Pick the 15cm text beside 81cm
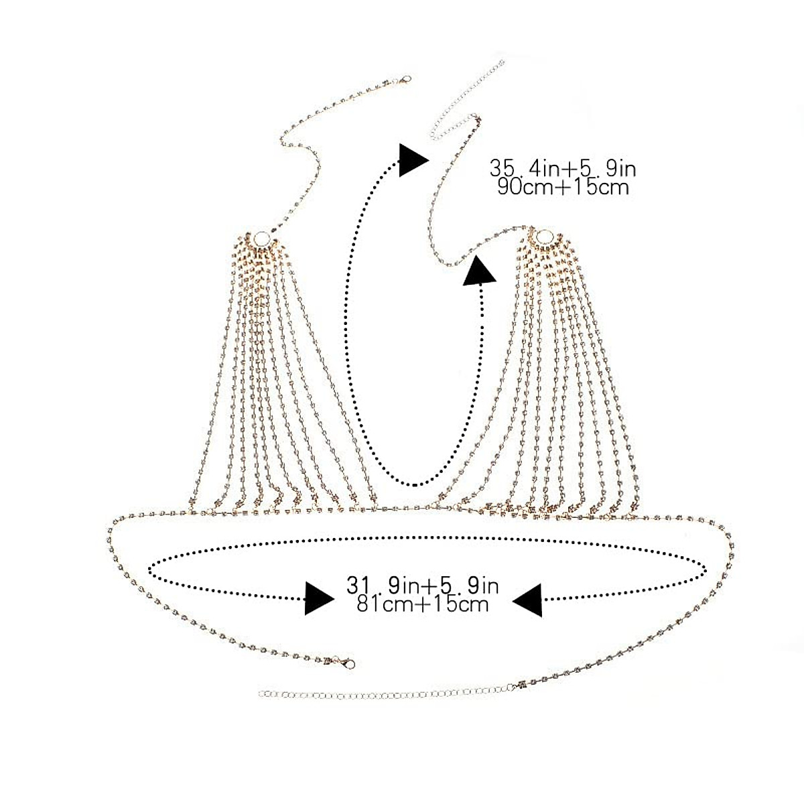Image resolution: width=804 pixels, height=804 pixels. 459,604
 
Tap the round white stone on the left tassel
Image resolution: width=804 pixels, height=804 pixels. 257,239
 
